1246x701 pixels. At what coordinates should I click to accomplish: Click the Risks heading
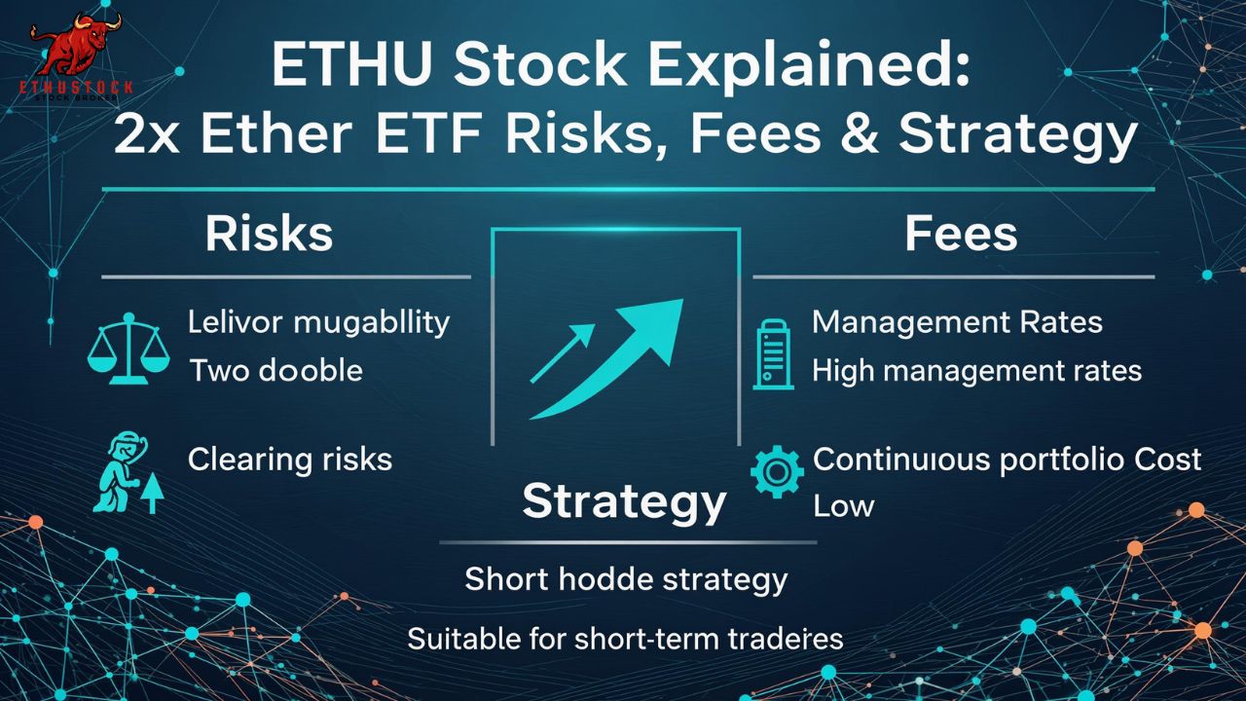click(269, 235)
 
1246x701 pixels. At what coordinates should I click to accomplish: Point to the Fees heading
click(961, 235)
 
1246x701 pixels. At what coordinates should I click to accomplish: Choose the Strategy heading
click(624, 500)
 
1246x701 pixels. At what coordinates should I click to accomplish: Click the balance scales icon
click(128, 347)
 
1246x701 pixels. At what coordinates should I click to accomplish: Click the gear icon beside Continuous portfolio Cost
click(777, 472)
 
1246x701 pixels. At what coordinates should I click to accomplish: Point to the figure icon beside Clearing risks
click(126, 474)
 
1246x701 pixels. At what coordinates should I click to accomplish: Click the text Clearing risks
click(290, 459)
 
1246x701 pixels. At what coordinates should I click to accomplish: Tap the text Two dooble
click(275, 371)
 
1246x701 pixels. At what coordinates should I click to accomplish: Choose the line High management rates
click(976, 370)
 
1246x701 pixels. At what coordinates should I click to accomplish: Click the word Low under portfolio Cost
click(843, 505)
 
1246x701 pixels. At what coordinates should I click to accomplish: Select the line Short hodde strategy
click(626, 579)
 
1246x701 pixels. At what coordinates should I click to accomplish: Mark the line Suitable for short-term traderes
click(625, 640)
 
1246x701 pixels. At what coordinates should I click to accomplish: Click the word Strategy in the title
click(1017, 133)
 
